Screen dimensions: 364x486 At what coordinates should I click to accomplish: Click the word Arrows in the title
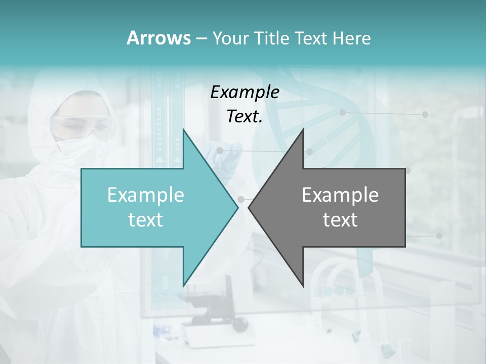(x=158, y=38)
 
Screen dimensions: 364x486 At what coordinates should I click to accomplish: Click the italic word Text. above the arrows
(x=245, y=116)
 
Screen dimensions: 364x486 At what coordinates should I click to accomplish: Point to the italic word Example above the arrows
(x=245, y=92)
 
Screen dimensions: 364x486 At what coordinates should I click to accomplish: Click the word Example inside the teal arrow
(x=146, y=195)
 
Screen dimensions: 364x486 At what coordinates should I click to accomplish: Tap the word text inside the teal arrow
(x=146, y=219)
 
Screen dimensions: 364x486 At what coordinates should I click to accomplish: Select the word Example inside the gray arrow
(x=340, y=195)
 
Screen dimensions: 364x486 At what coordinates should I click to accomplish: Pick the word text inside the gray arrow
(x=340, y=219)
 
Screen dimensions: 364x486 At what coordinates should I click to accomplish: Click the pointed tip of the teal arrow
(x=238, y=207)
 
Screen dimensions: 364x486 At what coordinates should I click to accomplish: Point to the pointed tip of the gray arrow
(x=249, y=207)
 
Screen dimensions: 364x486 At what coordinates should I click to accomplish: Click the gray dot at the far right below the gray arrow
(x=439, y=236)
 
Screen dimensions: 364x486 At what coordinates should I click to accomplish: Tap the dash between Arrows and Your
(x=201, y=38)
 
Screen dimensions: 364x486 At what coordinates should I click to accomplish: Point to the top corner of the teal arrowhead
(x=183, y=129)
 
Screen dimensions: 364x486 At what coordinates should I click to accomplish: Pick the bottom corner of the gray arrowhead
(x=303, y=286)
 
